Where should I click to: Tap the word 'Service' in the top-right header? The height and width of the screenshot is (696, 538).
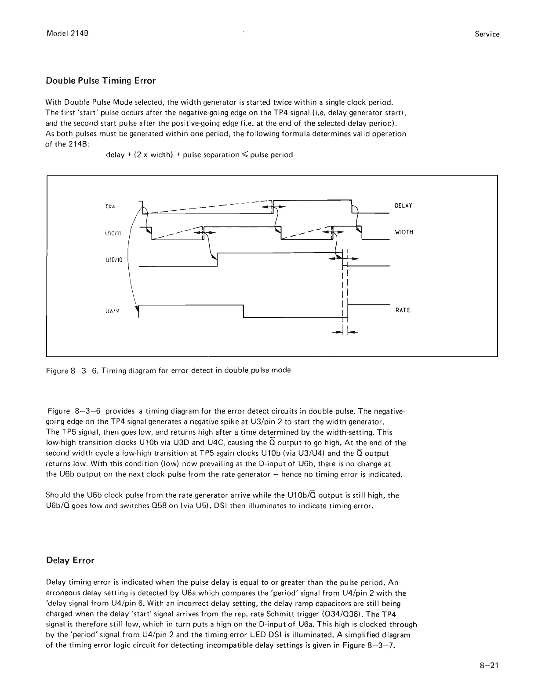click(487, 34)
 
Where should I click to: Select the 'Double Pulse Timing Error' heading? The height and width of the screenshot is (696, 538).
click(101, 81)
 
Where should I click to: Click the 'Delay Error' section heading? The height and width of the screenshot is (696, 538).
click(70, 560)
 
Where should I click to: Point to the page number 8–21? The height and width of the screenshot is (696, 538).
click(489, 665)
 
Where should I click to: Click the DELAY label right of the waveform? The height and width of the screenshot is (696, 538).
click(403, 206)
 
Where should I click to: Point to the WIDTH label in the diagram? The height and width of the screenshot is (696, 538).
click(404, 232)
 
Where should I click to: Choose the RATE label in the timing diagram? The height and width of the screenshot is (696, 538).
click(403, 310)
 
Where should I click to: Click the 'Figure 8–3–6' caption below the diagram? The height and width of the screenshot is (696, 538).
click(168, 370)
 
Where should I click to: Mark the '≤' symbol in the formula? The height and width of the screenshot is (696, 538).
click(244, 155)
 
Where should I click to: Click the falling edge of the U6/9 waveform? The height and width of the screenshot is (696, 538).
click(243, 311)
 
